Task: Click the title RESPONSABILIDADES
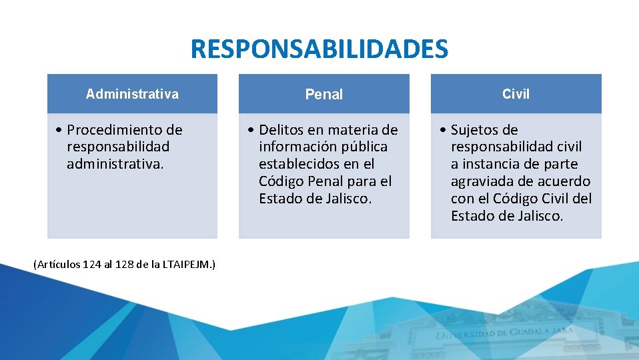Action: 319,49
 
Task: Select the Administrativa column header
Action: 132,94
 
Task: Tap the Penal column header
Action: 324,95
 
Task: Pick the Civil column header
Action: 516,94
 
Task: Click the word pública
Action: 364,147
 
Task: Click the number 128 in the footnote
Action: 125,265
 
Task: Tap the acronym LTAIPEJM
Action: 186,265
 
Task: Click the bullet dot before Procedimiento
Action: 60,130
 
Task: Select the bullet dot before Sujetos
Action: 444,130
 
